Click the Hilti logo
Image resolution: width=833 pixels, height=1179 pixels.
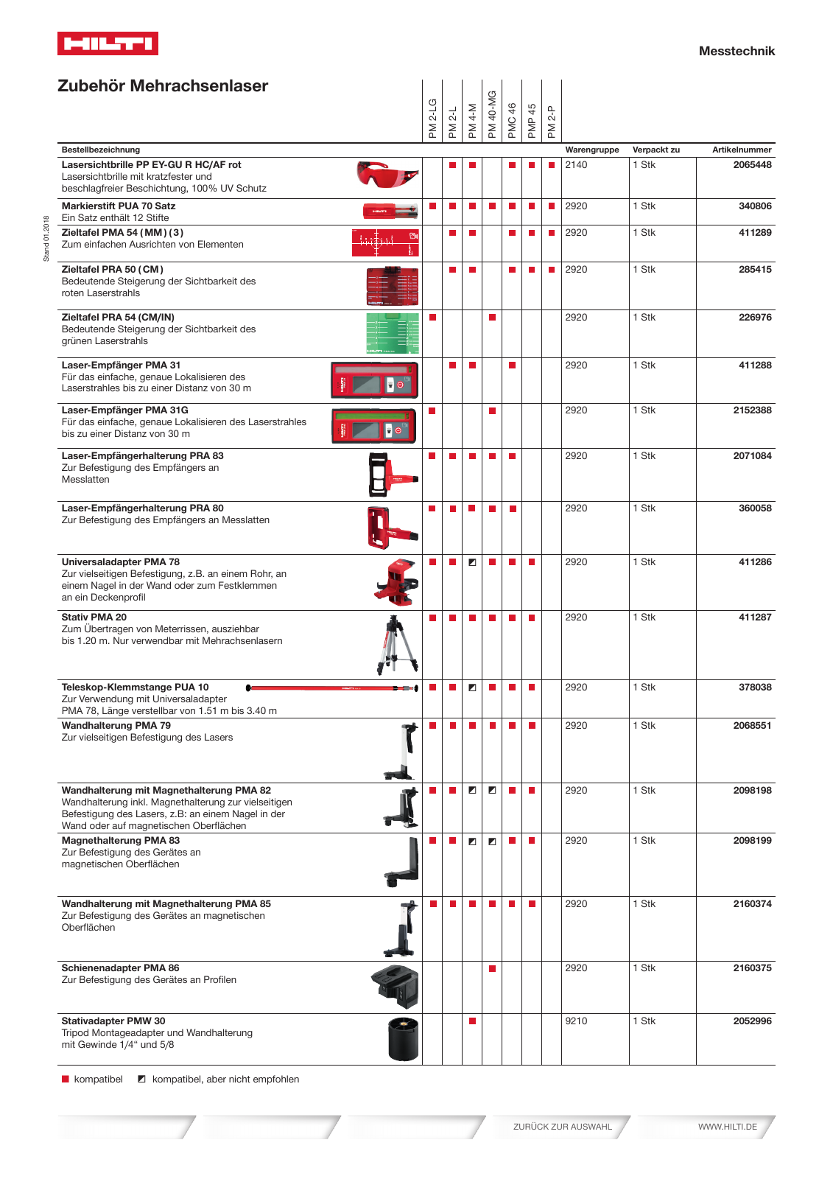point(108,43)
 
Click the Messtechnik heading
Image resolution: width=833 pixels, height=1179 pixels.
point(736,51)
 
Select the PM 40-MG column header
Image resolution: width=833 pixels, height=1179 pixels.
point(492,113)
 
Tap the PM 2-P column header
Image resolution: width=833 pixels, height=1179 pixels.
point(552,120)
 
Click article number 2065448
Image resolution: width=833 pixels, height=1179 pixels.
point(751,165)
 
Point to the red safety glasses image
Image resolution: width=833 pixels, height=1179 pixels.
point(387,175)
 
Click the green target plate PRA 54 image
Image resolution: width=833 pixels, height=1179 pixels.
point(392,332)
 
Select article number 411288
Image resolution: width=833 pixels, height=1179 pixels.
point(755,365)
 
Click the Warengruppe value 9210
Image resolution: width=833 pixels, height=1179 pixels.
point(576,1021)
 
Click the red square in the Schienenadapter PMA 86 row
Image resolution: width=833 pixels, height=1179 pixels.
point(492,968)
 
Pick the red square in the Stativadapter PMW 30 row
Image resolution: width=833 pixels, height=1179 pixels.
point(472,1021)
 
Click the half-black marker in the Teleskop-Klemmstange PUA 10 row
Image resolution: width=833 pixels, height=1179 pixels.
point(472,688)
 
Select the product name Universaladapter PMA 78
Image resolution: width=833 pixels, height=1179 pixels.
point(120,562)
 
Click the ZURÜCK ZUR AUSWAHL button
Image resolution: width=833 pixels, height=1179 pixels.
point(562,1127)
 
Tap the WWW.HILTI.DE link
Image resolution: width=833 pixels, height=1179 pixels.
point(727,1127)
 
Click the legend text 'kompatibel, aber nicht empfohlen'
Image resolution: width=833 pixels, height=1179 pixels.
point(225,1080)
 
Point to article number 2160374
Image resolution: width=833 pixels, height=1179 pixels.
point(751,904)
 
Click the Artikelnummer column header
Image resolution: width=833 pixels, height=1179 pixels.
point(741,150)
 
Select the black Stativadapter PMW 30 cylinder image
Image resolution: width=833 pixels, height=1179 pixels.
point(403,1038)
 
